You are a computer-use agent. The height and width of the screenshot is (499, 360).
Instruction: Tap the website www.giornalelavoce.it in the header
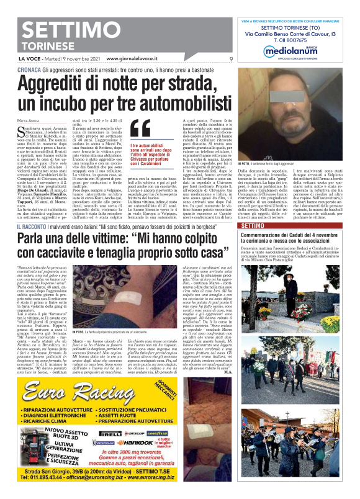pos(137,59)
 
